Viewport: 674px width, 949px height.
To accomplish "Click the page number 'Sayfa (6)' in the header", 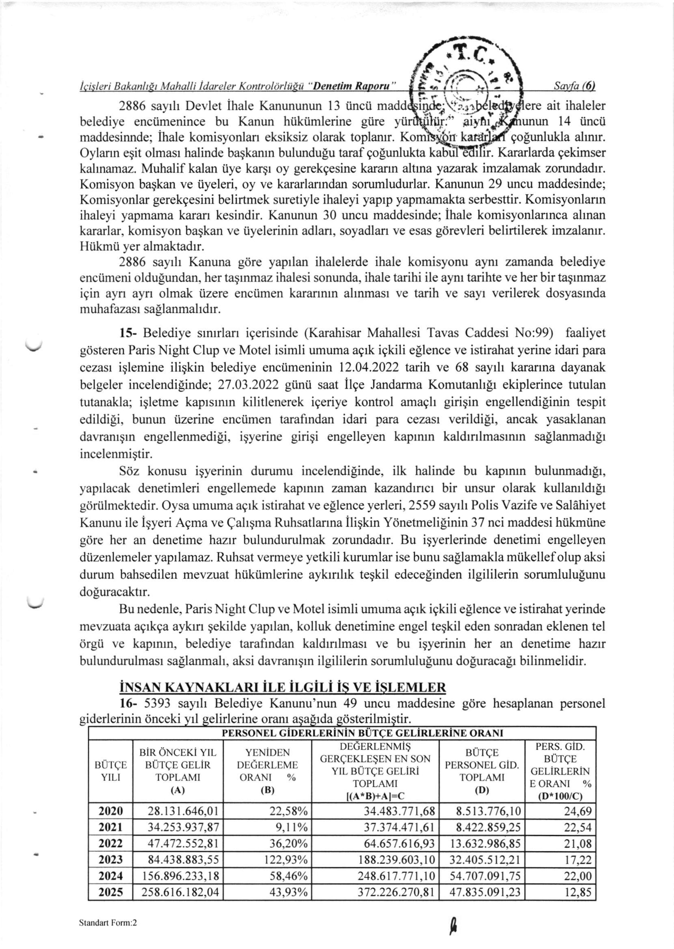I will [575, 86].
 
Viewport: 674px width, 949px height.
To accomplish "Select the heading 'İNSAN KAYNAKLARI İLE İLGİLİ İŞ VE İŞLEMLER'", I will [282, 687].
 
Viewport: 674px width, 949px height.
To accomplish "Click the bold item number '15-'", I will [126, 333].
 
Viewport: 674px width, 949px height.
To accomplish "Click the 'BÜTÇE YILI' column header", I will [111, 771].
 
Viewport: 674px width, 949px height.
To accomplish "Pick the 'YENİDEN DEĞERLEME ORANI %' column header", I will [267, 771].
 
